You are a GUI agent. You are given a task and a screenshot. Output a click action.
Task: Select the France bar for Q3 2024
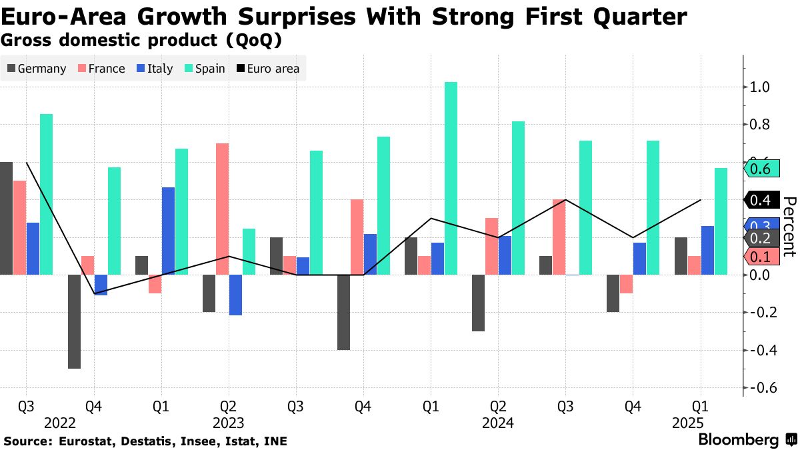pos(559,237)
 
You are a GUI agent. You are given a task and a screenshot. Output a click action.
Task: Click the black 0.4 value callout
pos(760,199)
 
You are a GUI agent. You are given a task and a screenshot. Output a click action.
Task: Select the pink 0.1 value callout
pos(760,257)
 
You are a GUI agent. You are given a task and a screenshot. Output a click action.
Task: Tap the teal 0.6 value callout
pos(760,169)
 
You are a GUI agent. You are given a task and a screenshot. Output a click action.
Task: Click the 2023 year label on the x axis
pos(229,423)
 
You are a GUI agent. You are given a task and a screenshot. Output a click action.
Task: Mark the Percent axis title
pos(789,227)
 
